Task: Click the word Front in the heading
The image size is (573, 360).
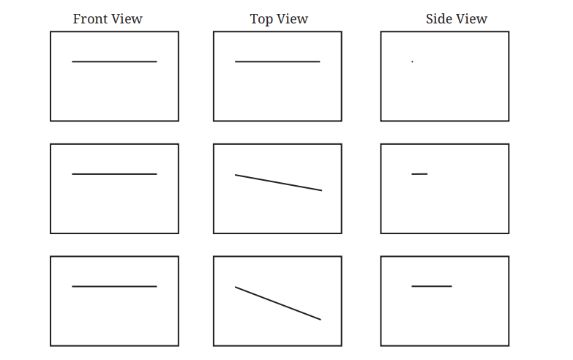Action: click(x=89, y=18)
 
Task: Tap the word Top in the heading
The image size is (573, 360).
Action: click(x=261, y=19)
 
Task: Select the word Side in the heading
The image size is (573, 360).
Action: click(x=438, y=18)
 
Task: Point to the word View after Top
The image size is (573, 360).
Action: click(x=291, y=18)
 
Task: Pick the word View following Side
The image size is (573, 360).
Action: click(x=471, y=18)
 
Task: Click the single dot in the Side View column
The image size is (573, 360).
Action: click(x=412, y=61)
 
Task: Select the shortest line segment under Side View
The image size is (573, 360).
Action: click(x=419, y=174)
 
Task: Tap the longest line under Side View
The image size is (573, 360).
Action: click(x=432, y=286)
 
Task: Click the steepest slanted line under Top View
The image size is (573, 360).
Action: click(x=278, y=304)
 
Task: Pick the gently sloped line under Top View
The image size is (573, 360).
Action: click(x=279, y=183)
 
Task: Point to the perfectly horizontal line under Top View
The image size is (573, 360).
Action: click(x=277, y=61)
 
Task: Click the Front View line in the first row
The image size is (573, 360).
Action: click(x=114, y=61)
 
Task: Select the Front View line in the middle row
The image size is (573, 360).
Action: click(x=114, y=174)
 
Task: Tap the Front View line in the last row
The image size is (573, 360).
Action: click(x=114, y=286)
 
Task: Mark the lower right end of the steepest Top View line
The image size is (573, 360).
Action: click(x=321, y=320)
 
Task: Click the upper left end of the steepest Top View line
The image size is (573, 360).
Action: click(x=235, y=287)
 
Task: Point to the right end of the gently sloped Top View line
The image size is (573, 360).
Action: click(x=322, y=190)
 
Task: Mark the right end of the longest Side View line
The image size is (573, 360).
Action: click(x=452, y=286)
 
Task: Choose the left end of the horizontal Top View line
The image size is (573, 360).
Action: click(x=235, y=61)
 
